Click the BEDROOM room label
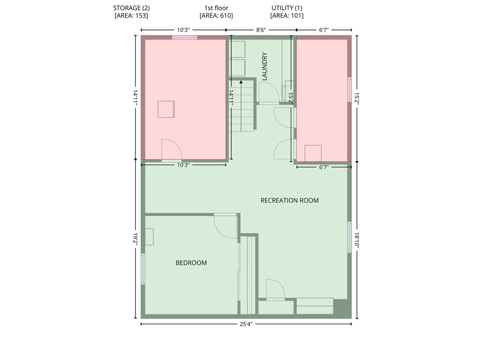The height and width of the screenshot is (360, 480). pyautogui.click(x=191, y=262)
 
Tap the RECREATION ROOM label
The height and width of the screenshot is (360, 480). pyautogui.click(x=290, y=201)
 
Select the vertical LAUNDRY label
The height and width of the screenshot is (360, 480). pyautogui.click(x=265, y=67)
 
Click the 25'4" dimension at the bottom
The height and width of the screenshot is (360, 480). pyautogui.click(x=246, y=324)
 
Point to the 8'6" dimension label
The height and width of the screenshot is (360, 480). pyautogui.click(x=261, y=30)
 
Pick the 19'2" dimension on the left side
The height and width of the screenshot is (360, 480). pyautogui.click(x=135, y=239)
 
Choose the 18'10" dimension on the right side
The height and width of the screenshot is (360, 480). pyautogui.click(x=357, y=240)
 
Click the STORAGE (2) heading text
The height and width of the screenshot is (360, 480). pyautogui.click(x=131, y=8)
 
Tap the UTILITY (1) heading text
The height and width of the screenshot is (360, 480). pyautogui.click(x=287, y=8)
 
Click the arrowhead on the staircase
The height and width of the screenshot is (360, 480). pyautogui.click(x=241, y=82)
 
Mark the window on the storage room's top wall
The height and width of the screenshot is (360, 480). pyautogui.click(x=184, y=37)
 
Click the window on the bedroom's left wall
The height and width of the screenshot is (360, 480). pyautogui.click(x=142, y=269)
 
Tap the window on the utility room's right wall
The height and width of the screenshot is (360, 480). pyautogui.click(x=349, y=90)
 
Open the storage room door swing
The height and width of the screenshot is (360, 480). pyautogui.click(x=172, y=150)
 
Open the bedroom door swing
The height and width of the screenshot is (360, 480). pyautogui.click(x=225, y=226)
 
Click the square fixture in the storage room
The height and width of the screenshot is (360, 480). pyautogui.click(x=166, y=109)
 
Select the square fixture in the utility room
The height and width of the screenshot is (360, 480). pyautogui.click(x=313, y=153)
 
